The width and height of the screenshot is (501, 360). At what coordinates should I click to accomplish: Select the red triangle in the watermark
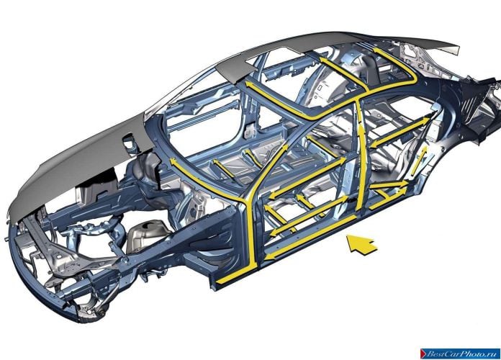(x=424, y=354)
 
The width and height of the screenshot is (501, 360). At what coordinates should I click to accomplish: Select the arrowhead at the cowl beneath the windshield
(x=173, y=161)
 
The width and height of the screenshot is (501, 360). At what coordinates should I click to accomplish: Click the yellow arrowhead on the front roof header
(x=250, y=85)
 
